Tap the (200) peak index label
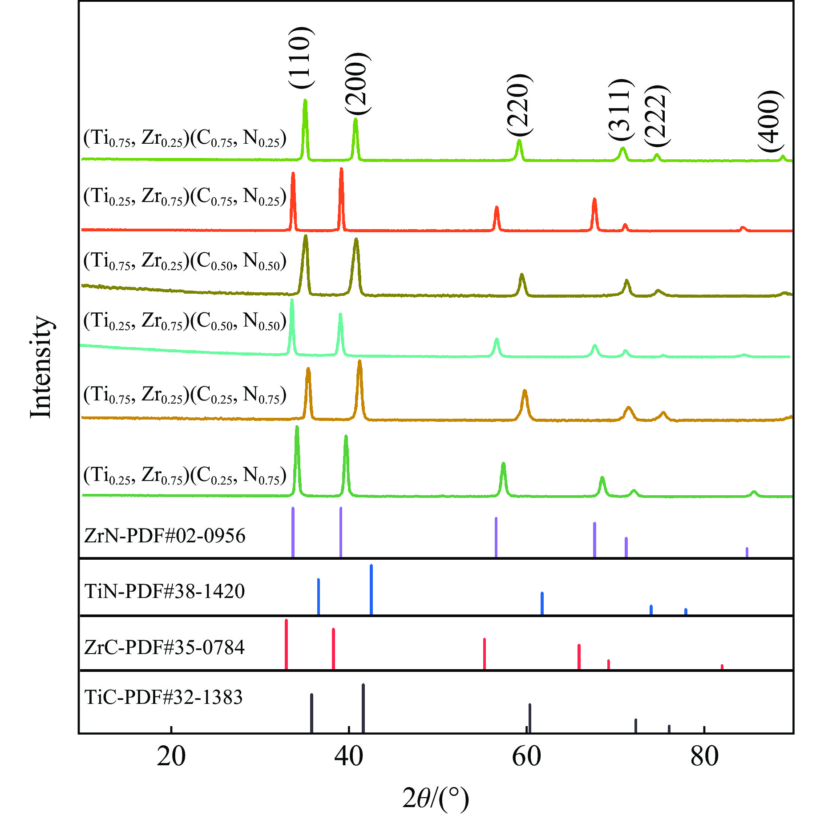357,84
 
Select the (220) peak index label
519,105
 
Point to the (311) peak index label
620,109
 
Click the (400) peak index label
770,121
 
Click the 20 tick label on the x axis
171,756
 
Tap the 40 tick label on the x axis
349,756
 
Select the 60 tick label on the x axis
526,756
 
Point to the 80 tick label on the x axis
704,756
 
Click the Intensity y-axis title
41,367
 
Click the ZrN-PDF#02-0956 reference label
165,536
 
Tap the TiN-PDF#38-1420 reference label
165,591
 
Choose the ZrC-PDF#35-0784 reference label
165,647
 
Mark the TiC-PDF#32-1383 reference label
163,697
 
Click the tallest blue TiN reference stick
371,590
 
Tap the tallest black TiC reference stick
363,708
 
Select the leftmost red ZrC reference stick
286,644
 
